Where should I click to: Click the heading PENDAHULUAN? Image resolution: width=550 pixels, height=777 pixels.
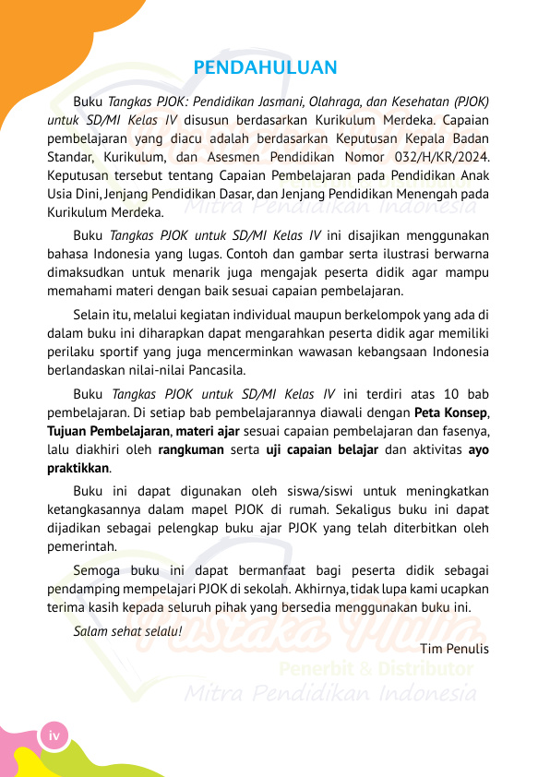[266, 68]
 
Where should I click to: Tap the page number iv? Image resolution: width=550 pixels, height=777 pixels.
[54, 735]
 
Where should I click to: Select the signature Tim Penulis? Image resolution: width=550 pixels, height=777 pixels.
[454, 648]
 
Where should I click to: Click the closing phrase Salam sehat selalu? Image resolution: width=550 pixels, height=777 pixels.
[127, 632]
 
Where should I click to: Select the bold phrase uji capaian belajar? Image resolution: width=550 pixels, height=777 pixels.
[322, 449]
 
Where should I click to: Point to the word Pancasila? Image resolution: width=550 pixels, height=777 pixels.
[216, 370]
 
